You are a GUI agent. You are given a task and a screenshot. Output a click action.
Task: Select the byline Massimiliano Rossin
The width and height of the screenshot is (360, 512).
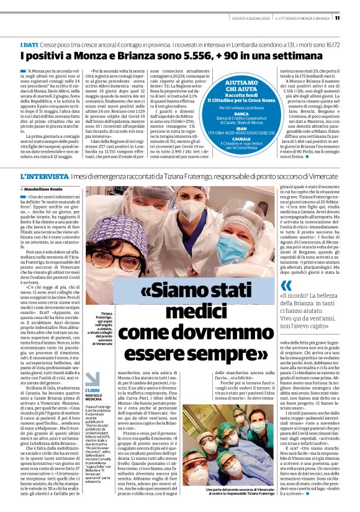click(50, 188)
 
